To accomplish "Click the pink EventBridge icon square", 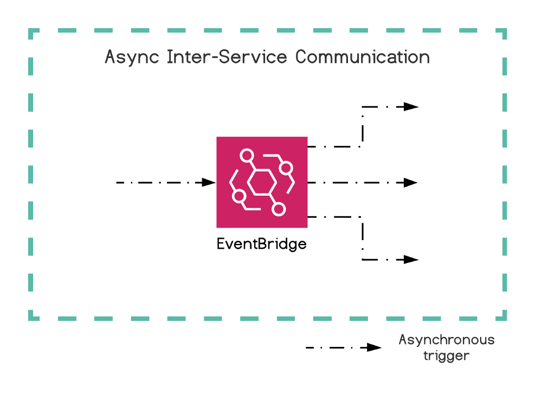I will pyautogui.click(x=262, y=182).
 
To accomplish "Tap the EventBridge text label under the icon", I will pyautogui.click(x=261, y=244).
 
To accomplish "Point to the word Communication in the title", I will pyautogui.click(x=363, y=57).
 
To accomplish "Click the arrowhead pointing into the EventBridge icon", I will pyautogui.click(x=209, y=183).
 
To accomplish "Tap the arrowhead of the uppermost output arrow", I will pyautogui.click(x=411, y=107).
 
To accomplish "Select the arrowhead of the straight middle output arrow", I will pyautogui.click(x=410, y=183).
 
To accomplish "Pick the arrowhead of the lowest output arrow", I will pyautogui.click(x=411, y=260).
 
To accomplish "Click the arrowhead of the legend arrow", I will pyautogui.click(x=375, y=347).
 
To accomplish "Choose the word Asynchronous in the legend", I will pyautogui.click(x=447, y=340).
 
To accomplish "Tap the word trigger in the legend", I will pyautogui.click(x=446, y=356).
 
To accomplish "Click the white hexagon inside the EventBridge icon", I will pyautogui.click(x=262, y=182).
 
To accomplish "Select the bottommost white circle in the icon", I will pyautogui.click(x=279, y=209).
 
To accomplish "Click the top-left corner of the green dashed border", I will pyautogui.click(x=31, y=31).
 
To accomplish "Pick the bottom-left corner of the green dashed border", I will pyautogui.click(x=31, y=317).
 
